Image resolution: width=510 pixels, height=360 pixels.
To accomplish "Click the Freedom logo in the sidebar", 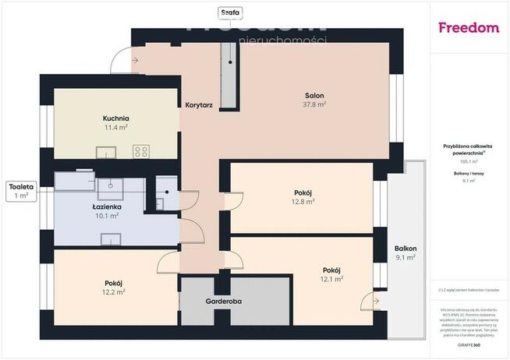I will point(469,28).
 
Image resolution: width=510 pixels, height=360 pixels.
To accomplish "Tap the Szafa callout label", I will point(228,12).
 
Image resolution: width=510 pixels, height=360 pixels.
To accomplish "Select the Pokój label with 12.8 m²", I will point(303,196).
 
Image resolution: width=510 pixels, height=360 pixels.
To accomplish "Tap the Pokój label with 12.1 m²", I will point(332,274).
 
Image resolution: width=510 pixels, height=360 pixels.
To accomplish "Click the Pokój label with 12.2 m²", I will point(115,287).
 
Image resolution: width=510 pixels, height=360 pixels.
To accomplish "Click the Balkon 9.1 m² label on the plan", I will point(405,252).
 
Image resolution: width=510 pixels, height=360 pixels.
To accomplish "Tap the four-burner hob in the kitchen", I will point(141,151).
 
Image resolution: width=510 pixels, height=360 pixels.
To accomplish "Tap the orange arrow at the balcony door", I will point(377,301).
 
